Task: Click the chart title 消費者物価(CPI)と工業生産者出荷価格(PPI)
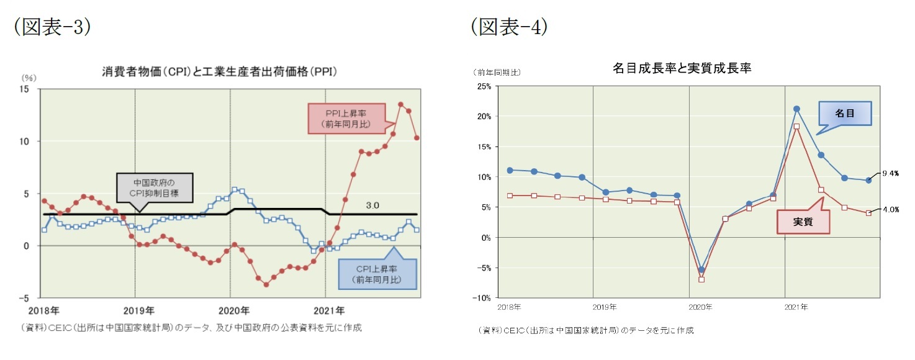click(x=219, y=72)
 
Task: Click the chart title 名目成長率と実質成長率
click(x=682, y=68)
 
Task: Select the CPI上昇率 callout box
click(x=377, y=274)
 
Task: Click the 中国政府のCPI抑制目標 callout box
click(x=155, y=188)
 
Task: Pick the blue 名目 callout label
click(x=845, y=114)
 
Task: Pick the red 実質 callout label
click(x=803, y=222)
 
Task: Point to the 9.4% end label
click(x=890, y=174)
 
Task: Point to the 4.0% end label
click(x=890, y=209)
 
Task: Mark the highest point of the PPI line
click(x=400, y=104)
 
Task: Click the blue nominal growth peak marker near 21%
click(x=796, y=109)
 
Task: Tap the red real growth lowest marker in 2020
click(x=701, y=279)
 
